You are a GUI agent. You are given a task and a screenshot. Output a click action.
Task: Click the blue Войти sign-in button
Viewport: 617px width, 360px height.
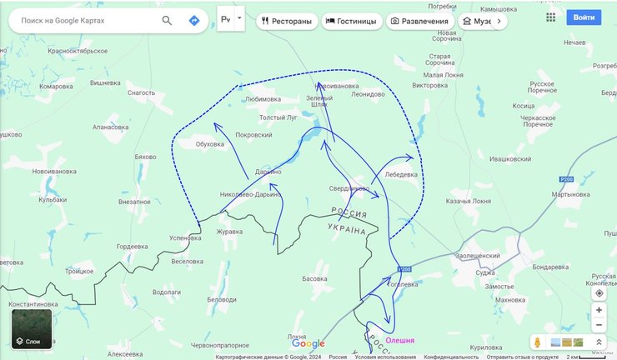pyautogui.click(x=584, y=17)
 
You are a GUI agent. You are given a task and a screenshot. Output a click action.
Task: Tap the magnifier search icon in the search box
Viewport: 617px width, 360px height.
pyautogui.click(x=168, y=20)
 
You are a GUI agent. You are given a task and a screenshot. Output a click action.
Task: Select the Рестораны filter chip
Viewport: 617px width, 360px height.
pyautogui.click(x=286, y=21)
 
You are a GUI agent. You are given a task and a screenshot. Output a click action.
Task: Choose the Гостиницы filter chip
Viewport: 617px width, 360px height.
pyautogui.click(x=350, y=21)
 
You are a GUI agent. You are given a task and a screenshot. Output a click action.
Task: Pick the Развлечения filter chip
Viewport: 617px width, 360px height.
pyautogui.click(x=419, y=21)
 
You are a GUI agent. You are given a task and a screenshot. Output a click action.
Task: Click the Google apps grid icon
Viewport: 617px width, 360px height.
pyautogui.click(x=551, y=17)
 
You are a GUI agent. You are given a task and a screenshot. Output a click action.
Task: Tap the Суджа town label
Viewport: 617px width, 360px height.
pyautogui.click(x=484, y=272)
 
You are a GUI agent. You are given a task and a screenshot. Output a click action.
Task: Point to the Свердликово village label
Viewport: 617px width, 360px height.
pyautogui.click(x=349, y=188)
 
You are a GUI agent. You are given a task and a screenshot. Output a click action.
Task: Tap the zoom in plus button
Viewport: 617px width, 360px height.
pyautogui.click(x=599, y=310)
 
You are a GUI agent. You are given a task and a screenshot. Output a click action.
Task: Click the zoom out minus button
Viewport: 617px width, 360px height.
pyautogui.click(x=599, y=325)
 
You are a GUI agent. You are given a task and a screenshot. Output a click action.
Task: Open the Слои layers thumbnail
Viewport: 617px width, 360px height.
pyautogui.click(x=32, y=328)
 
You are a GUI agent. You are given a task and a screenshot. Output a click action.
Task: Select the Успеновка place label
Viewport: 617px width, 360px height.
pyautogui.click(x=184, y=237)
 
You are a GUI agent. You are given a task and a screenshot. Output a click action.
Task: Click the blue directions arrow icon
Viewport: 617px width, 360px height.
pyautogui.click(x=193, y=20)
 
